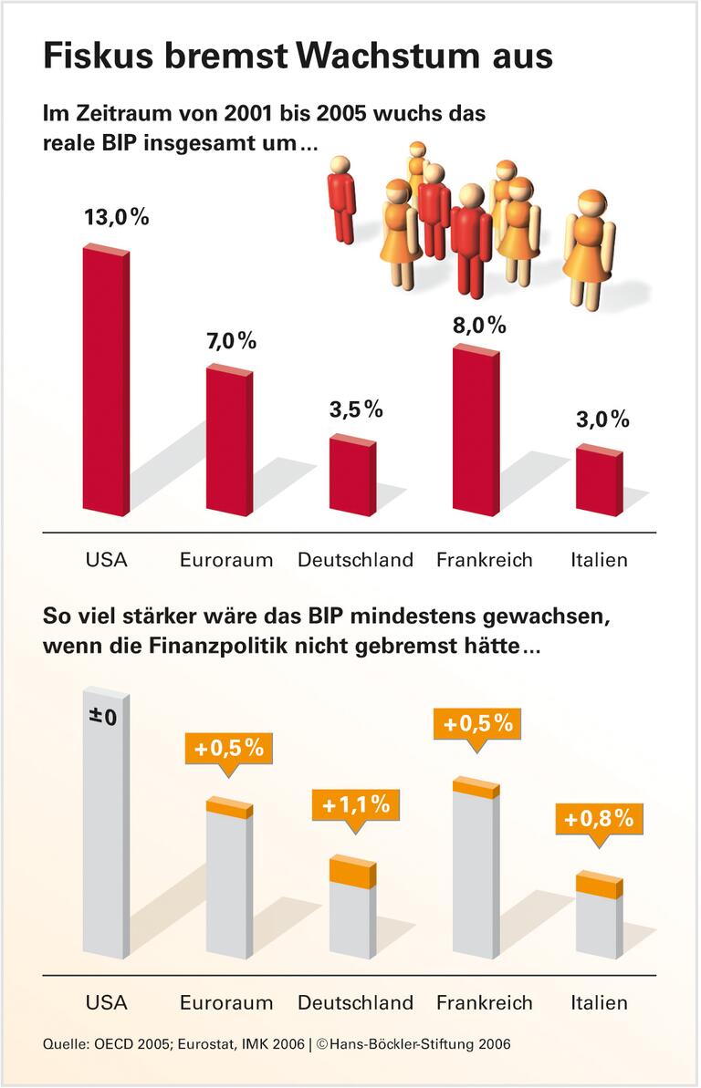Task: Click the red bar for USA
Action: coord(105,381)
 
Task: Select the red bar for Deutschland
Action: coord(351,477)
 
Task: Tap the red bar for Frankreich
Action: coord(475,431)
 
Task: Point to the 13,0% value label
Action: coord(116,218)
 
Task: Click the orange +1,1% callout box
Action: coord(356,805)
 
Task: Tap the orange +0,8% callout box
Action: coord(598,819)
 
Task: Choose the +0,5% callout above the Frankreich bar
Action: coord(477,724)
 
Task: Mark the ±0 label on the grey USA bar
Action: coord(103,717)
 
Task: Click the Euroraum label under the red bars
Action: coord(226,560)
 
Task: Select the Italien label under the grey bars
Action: coord(599,1002)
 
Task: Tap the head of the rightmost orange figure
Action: coord(591,203)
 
